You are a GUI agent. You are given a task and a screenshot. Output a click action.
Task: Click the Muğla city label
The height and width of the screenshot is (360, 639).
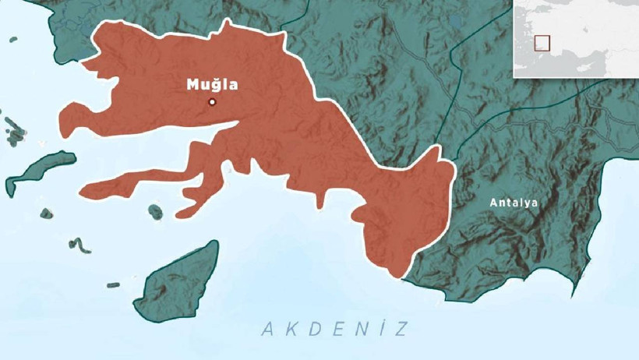[x=212, y=85]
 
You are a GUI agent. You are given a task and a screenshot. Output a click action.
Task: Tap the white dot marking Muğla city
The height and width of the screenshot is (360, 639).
[x=212, y=102]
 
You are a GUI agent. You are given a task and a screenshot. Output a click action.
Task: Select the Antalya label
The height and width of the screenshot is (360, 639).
[x=514, y=203]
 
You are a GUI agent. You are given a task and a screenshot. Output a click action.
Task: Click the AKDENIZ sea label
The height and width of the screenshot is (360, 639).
[x=334, y=329]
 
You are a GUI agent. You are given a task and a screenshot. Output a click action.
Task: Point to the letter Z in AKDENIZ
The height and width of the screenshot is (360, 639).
[x=401, y=329]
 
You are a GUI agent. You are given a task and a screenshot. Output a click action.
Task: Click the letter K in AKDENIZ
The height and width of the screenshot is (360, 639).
[x=289, y=329]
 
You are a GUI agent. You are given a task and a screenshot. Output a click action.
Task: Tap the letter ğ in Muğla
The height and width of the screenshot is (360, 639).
[x=213, y=86]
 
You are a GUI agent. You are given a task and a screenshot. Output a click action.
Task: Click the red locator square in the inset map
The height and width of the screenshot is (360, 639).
[x=542, y=43]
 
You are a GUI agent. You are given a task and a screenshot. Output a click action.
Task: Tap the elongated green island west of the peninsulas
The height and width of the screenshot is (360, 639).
[x=39, y=171]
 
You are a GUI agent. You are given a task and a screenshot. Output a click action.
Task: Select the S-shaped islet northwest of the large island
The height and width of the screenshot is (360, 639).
[x=79, y=245]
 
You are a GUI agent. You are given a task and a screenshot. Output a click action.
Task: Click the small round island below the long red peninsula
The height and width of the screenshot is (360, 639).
[x=155, y=211]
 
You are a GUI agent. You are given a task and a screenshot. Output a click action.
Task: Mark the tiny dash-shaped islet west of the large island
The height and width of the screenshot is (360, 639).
[x=114, y=284]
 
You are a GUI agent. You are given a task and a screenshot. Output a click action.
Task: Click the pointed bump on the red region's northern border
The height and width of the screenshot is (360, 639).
[x=227, y=25]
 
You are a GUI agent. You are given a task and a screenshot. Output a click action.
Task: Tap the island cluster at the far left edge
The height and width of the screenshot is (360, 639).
[x=13, y=129]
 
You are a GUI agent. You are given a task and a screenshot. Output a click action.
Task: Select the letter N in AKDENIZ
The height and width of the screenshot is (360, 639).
[x=357, y=329]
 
